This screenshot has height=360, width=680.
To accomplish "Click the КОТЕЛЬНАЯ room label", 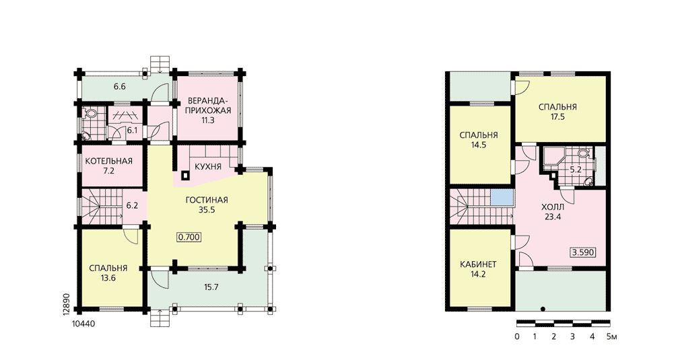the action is pyautogui.click(x=108, y=161).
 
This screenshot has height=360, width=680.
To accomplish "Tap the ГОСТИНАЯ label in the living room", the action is pyautogui.click(x=207, y=200).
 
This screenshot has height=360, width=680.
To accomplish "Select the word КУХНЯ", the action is pyautogui.click(x=208, y=167).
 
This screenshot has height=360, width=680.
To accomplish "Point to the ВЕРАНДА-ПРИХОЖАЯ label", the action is pyautogui.click(x=208, y=105).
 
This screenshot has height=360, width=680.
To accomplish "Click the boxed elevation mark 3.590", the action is pyautogui.click(x=582, y=252).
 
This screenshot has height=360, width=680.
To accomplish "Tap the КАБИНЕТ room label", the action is pyautogui.click(x=478, y=264).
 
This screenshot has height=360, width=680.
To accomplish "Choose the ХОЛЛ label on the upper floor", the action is pyautogui.click(x=553, y=207).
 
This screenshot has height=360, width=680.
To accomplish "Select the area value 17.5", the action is pyautogui.click(x=557, y=116).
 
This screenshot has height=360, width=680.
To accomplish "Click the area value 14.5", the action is pyautogui.click(x=478, y=145).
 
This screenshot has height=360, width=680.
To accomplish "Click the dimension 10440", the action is pyautogui.click(x=81, y=323).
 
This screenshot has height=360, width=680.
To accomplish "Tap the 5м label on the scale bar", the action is pyautogui.click(x=611, y=336).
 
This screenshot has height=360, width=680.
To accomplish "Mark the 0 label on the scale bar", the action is pyautogui.click(x=517, y=336).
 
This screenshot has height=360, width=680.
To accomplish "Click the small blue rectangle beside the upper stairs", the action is pyautogui.click(x=501, y=197).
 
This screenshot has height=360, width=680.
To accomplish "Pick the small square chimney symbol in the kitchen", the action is pyautogui.click(x=185, y=176).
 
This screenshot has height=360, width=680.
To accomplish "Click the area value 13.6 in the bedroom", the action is pyautogui.click(x=108, y=278).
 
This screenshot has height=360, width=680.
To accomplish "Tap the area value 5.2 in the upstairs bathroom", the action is pyautogui.click(x=576, y=170).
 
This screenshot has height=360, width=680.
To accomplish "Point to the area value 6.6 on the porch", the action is pyautogui.click(x=120, y=86).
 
